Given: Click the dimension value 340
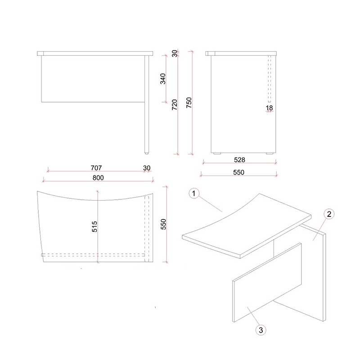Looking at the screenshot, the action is (x=163, y=79).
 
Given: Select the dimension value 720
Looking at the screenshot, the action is (x=175, y=105).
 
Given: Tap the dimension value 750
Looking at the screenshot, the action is (x=189, y=103).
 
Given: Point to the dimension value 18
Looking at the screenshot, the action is (x=269, y=108).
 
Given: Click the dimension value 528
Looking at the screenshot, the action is (x=239, y=160).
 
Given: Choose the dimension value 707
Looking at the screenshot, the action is (x=96, y=168).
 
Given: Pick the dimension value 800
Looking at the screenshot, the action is (x=98, y=178).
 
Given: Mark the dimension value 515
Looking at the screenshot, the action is (x=94, y=227).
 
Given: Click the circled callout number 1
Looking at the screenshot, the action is (x=194, y=193).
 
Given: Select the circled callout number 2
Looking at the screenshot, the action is (x=329, y=214).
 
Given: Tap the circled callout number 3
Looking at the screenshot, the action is (x=261, y=330).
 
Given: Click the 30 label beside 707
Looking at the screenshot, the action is (x=147, y=168).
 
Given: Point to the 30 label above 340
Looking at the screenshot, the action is (x=175, y=53).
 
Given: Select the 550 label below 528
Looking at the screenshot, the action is (x=239, y=172).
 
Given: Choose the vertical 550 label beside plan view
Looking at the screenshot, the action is (x=163, y=224).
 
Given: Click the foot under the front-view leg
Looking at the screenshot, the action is (x=147, y=153).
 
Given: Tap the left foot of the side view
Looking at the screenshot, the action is (x=217, y=153).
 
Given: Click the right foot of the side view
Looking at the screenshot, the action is (x=270, y=153).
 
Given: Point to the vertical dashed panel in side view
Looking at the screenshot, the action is (x=270, y=79).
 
